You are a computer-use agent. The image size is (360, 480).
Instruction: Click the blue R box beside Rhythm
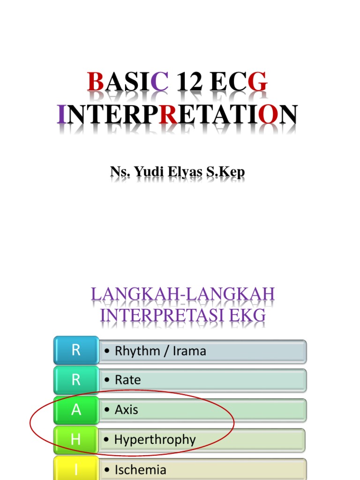click(x=76, y=350)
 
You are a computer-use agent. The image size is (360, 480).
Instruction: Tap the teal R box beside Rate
click(x=76, y=380)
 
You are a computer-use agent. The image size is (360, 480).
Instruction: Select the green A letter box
click(x=76, y=410)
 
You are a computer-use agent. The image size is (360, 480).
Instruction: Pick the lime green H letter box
click(x=76, y=440)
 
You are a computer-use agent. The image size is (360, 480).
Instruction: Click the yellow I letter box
click(x=76, y=469)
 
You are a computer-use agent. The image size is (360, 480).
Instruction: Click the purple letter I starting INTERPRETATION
click(x=61, y=114)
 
